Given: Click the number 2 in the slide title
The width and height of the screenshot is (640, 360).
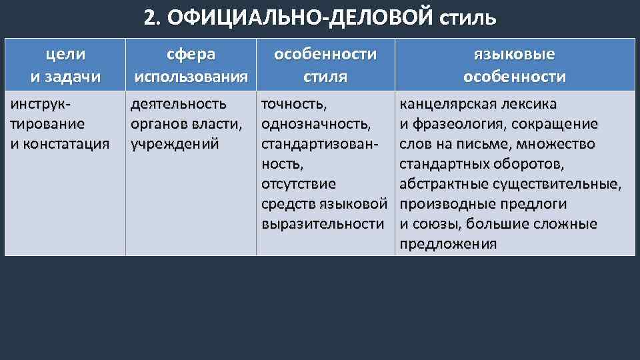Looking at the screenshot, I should point(150,17).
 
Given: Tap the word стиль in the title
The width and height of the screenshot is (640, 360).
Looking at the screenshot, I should point(468,17).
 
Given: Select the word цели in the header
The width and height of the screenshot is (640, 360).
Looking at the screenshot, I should point(65,53).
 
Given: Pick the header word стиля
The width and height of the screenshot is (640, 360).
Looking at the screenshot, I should point(325,77).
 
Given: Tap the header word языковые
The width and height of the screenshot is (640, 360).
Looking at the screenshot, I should point(514,53).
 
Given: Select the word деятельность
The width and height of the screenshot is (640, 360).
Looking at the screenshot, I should point(179,105).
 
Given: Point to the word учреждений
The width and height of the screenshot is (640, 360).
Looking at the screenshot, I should point(175,144).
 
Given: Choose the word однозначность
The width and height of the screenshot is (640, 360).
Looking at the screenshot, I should point(315,125).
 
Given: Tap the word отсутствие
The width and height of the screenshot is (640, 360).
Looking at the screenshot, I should point(299,184).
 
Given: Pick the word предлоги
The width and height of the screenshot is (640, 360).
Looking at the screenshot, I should point(533,204).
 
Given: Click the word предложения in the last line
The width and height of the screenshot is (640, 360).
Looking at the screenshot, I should point(448,244).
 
